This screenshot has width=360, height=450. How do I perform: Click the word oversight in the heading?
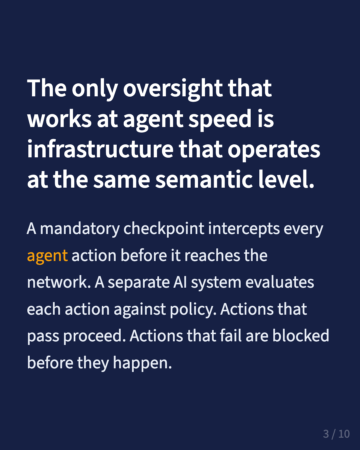coord(173,89)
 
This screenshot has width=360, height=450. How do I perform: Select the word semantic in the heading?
coord(204,180)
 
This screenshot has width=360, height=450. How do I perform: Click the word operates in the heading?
coord(274,150)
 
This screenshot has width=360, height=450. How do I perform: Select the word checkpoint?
coord(164,229)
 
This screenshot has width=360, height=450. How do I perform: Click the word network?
coord(59,283)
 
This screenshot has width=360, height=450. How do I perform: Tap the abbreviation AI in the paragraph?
coord(180,283)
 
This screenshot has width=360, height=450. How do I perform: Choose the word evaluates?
coord(280,283)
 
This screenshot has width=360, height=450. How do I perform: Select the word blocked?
coord(301,336)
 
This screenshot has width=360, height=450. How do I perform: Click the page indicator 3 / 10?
coord(336,434)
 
